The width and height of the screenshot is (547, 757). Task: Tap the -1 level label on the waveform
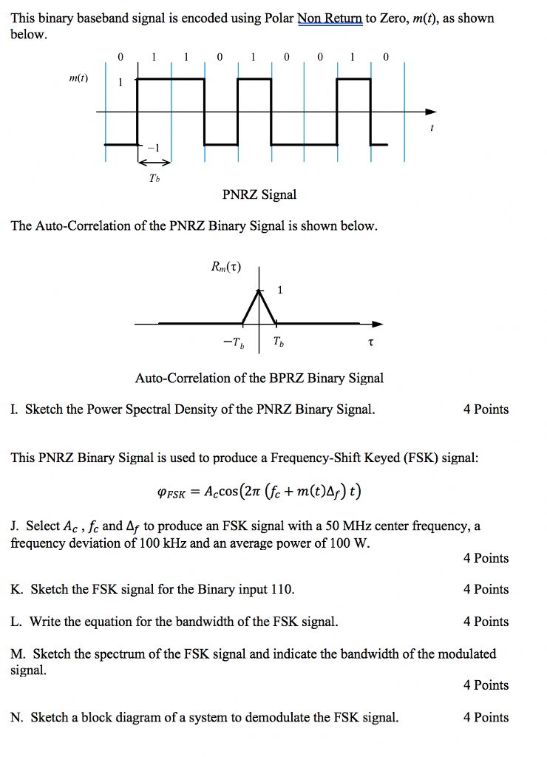coord(153,147)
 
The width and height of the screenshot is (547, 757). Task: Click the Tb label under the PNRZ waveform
coord(153,177)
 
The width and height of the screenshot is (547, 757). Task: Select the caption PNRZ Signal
coord(259,194)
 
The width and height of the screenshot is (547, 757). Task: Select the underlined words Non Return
coord(330,18)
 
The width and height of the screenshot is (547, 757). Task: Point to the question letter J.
coord(15,526)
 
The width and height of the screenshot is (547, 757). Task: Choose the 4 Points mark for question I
coord(486,410)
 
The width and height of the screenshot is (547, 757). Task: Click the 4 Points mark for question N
coord(486,717)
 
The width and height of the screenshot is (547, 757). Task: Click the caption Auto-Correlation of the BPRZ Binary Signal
coord(259,378)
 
